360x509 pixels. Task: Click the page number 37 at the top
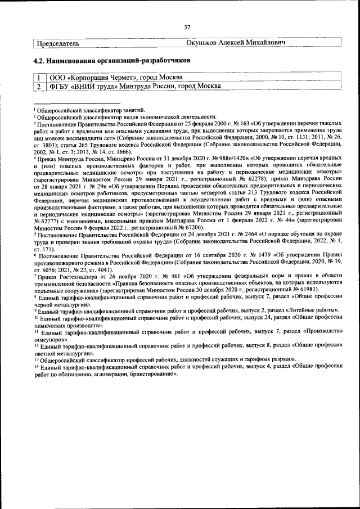pyautogui.click(x=187, y=27)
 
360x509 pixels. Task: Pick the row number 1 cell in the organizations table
pyautogui.click(x=38, y=78)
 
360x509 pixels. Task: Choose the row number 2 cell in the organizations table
pyautogui.click(x=38, y=86)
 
